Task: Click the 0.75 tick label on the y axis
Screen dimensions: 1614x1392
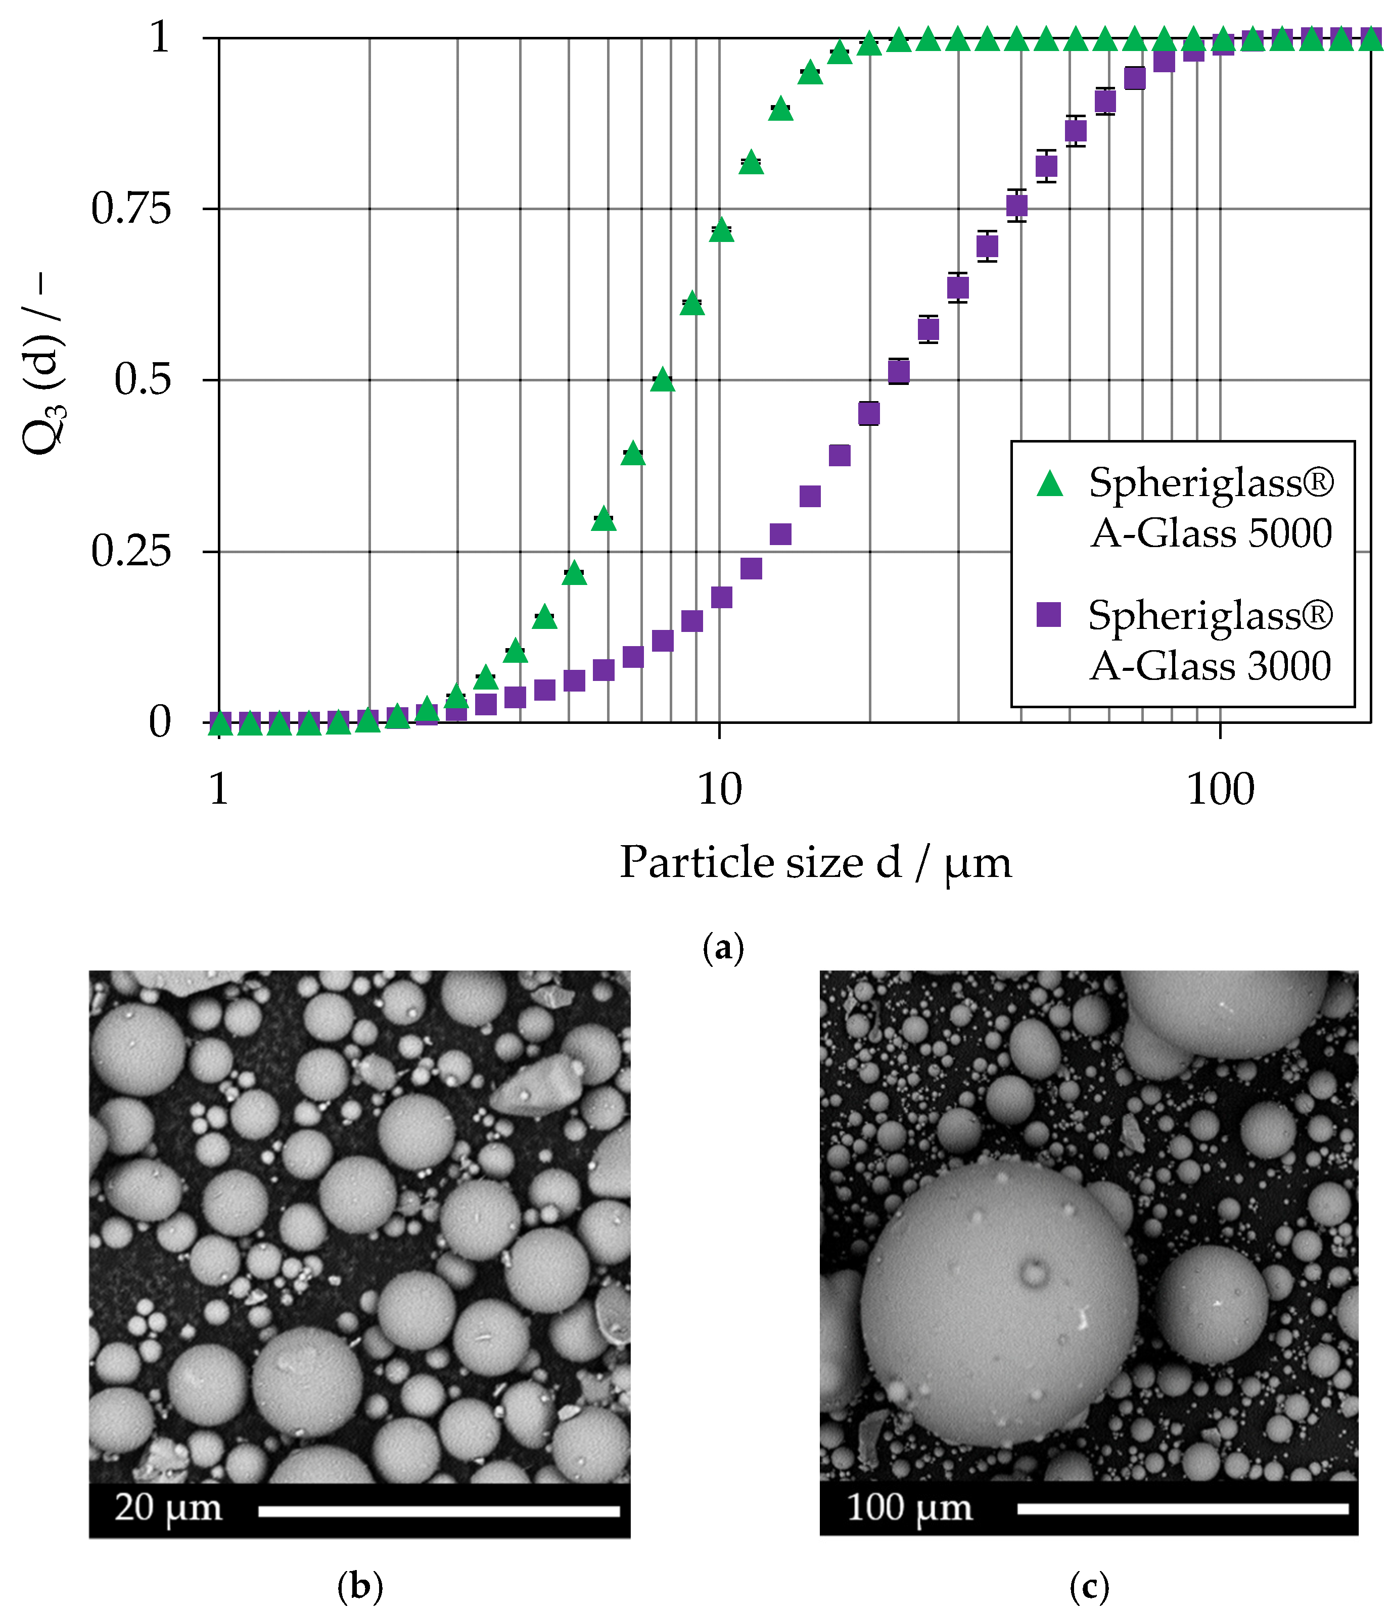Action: (x=131, y=209)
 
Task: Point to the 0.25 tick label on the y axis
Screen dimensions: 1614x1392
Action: (x=131, y=552)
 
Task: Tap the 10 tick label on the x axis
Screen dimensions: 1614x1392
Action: (x=719, y=790)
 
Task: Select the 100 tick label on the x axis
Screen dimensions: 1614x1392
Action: (x=1220, y=790)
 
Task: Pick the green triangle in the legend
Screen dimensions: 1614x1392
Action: (x=1050, y=484)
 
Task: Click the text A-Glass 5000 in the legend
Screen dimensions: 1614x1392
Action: (x=1211, y=533)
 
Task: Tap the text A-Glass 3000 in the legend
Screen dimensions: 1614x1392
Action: (x=1211, y=666)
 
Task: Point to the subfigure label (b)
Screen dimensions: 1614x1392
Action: (x=360, y=1586)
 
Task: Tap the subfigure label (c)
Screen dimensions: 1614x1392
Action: (x=1089, y=1586)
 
